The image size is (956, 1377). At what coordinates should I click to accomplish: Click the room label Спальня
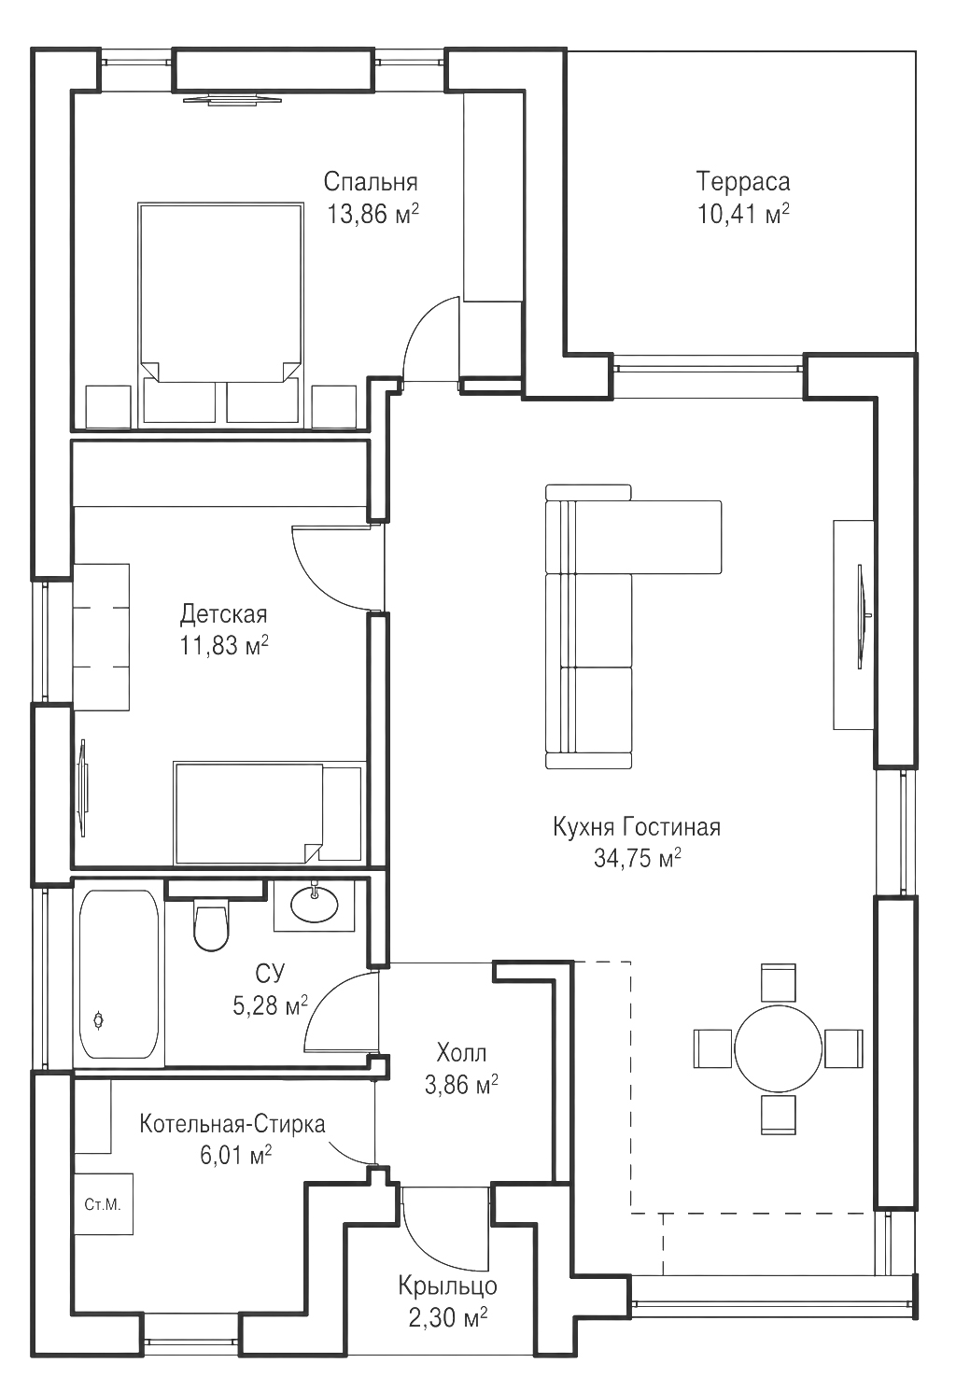(x=371, y=182)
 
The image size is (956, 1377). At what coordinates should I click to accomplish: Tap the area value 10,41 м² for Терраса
(x=743, y=215)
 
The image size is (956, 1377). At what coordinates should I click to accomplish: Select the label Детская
(x=224, y=613)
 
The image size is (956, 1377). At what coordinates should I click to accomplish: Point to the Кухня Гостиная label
(x=637, y=827)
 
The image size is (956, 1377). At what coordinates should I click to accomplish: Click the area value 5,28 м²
(x=270, y=1005)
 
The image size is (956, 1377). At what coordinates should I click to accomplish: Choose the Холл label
(x=461, y=1053)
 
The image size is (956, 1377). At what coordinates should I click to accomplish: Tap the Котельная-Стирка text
(x=232, y=1124)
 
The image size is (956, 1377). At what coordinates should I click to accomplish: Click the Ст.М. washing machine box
(x=104, y=1203)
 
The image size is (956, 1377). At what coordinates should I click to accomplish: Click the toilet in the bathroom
(x=211, y=926)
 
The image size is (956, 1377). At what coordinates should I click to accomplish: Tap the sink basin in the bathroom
(x=315, y=905)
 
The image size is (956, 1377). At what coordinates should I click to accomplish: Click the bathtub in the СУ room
(x=119, y=975)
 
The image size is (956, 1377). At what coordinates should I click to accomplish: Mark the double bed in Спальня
(x=220, y=314)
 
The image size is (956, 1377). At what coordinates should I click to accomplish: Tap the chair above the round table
(x=779, y=983)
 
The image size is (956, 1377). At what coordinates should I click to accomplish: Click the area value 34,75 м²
(x=637, y=859)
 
